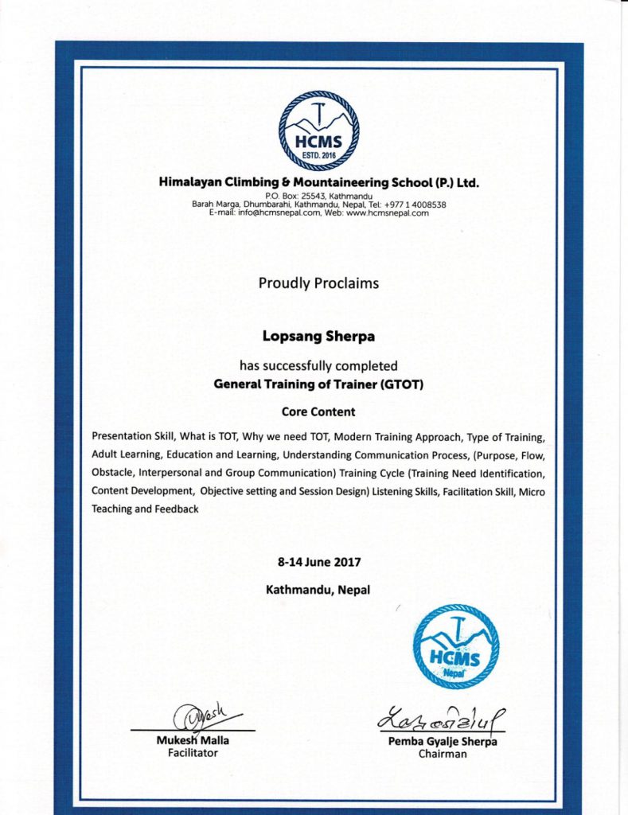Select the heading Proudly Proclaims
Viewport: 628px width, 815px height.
coord(318,283)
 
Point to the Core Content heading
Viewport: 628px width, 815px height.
coord(318,412)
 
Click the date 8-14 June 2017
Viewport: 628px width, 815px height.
coord(319,562)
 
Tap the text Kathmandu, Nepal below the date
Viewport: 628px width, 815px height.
coord(318,591)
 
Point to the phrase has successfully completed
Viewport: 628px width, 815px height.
coord(318,367)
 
